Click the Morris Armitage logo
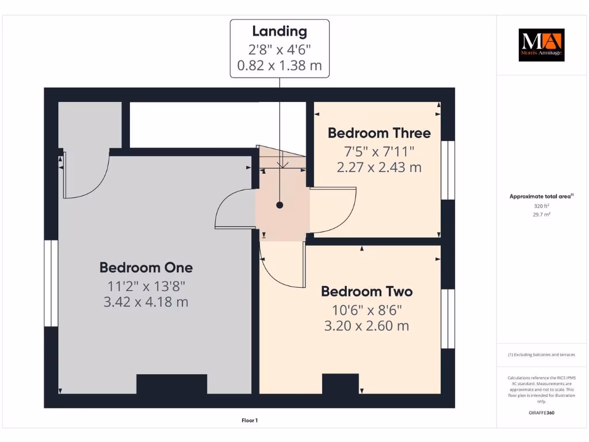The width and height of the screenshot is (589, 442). [x=541, y=45]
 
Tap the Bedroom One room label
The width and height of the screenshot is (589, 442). [x=146, y=268]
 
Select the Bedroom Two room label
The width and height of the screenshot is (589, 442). [x=366, y=291]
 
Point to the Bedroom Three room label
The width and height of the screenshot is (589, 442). [x=379, y=133]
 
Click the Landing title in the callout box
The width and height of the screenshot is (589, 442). [x=280, y=32]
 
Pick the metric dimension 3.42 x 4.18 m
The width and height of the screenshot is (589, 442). [x=146, y=302]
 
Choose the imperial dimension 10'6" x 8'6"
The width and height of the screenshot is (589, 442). [x=366, y=309]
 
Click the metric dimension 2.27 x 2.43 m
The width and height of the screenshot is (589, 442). [x=379, y=167]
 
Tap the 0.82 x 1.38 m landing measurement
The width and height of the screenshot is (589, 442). [x=280, y=65]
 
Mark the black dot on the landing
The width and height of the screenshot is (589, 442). [x=280, y=205]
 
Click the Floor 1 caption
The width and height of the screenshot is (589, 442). [x=250, y=421]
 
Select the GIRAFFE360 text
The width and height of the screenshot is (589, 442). [x=541, y=413]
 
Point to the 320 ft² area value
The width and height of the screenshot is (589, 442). [x=541, y=205]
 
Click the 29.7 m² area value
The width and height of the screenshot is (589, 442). [x=541, y=214]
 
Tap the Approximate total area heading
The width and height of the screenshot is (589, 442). [x=541, y=196]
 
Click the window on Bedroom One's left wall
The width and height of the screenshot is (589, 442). [x=51, y=283]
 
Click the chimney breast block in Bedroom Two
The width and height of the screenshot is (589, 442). [x=340, y=384]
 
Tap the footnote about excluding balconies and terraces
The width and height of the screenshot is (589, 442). [x=541, y=355]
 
